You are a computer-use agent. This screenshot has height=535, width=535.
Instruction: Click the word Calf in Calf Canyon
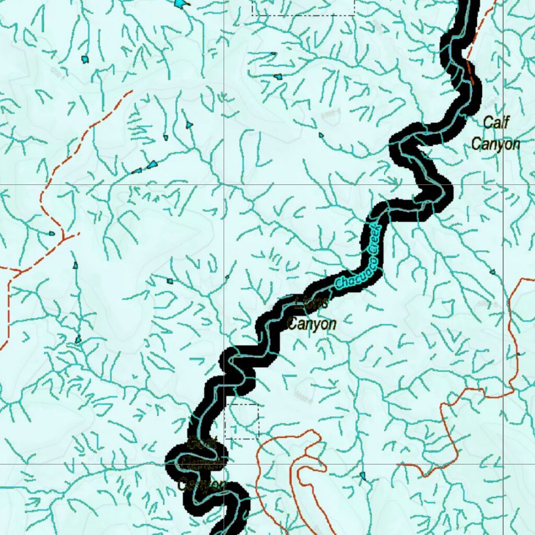coord(496,123)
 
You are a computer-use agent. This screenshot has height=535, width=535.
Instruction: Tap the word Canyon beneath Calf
coord(496,144)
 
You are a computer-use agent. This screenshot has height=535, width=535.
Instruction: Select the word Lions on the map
coord(312,302)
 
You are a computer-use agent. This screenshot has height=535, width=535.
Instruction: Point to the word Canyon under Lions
coord(312,324)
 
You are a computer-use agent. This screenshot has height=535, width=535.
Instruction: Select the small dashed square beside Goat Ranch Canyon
coord(241,421)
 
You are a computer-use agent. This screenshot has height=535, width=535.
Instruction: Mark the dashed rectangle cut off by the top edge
coord(303,7)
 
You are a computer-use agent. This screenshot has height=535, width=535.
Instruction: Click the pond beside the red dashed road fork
coord(51,234)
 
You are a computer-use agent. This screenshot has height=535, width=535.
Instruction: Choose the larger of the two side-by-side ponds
coord(152,165)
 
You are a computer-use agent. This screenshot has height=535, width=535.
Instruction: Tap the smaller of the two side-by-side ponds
coord(137,171)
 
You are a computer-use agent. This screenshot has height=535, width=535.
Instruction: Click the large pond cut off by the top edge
coord(180,3)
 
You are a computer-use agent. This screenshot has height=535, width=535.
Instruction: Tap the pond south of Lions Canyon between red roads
coord(363,475)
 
